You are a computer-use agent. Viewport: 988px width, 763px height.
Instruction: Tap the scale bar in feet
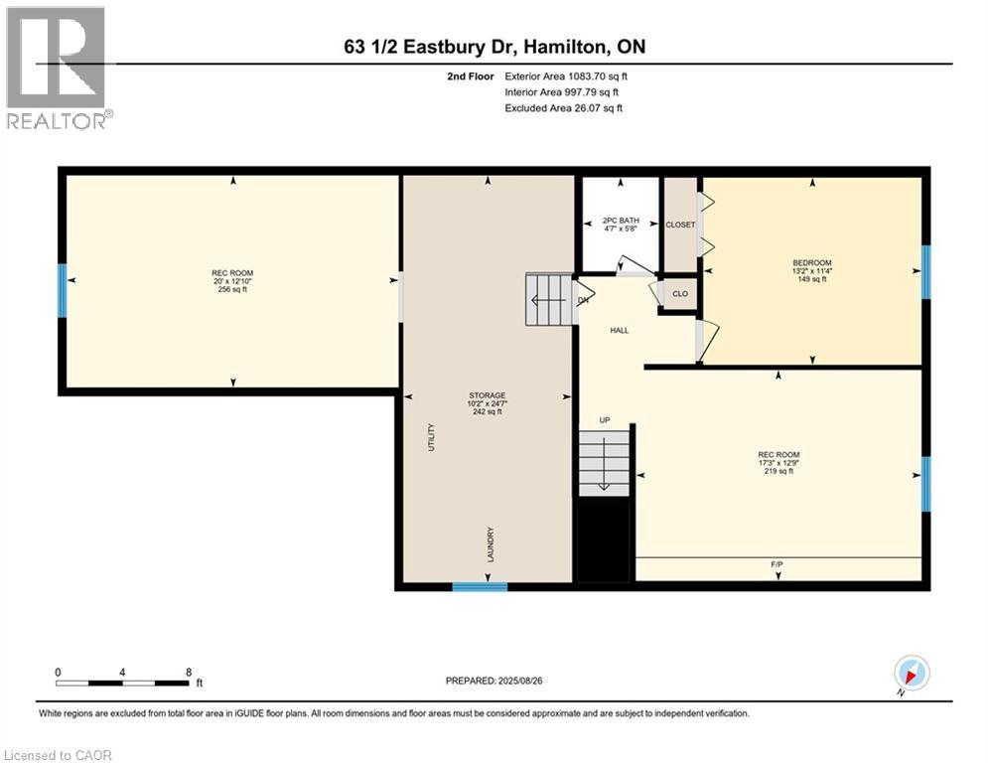coord(123,683)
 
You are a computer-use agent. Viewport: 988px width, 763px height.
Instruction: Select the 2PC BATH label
coord(622,225)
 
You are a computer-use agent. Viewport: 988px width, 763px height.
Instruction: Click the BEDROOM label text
coord(812,270)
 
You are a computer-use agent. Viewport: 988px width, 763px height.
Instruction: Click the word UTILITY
coord(431,440)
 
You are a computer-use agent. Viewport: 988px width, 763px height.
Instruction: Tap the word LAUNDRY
coord(491,545)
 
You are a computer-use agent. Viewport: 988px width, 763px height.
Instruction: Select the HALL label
coord(620,331)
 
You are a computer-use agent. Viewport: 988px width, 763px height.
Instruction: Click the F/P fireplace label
coord(777,564)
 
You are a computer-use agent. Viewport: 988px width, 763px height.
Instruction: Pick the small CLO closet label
coord(680,294)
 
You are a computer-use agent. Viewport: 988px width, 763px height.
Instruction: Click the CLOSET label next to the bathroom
coord(680,225)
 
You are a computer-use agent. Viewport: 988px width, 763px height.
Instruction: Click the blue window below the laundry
coord(480,587)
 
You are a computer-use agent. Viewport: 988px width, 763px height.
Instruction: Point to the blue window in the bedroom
coord(925,272)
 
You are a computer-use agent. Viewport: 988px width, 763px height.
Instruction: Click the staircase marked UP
coord(605,462)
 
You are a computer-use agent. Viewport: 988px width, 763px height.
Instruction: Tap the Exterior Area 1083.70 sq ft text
coord(566,76)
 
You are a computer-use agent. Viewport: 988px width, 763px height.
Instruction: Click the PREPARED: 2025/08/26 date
coord(494,681)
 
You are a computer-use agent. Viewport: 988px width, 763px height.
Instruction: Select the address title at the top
coord(494,47)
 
